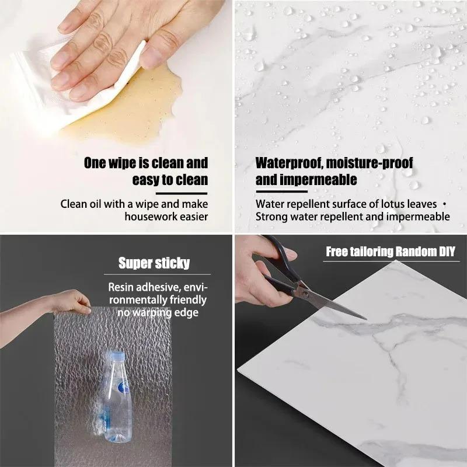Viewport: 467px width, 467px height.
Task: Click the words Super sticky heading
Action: pyautogui.click(x=154, y=263)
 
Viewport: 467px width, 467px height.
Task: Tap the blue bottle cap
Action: pyautogui.click(x=117, y=355)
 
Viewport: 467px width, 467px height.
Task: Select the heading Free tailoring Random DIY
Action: pyautogui.click(x=390, y=252)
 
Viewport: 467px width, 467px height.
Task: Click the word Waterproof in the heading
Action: pyautogui.click(x=285, y=162)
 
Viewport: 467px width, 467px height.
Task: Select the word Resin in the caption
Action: pyautogui.click(x=121, y=287)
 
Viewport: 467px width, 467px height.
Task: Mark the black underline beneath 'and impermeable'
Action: pyautogui.click(x=281, y=191)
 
